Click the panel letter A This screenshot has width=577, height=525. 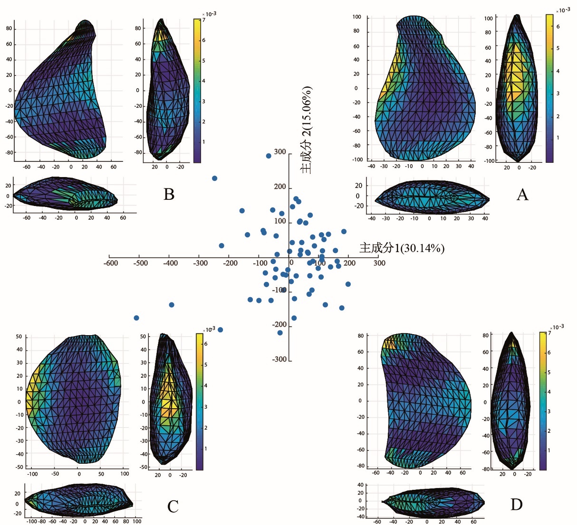tap(522, 194)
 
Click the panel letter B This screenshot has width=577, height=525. tap(169, 194)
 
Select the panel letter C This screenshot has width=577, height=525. tap(173, 506)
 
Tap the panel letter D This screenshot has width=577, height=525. tap(516, 505)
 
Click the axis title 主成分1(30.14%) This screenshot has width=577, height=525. tap(402, 248)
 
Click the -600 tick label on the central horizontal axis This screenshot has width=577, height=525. tap(111, 263)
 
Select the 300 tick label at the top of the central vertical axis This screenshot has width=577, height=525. tap(280, 152)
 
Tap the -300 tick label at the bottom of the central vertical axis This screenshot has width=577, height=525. tap(279, 359)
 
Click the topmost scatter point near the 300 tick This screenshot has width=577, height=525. tap(269, 156)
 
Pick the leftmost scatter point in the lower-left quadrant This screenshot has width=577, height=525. tap(136, 318)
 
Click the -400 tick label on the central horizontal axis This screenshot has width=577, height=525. tap(170, 263)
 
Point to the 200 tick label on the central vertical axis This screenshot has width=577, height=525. tap(280, 187)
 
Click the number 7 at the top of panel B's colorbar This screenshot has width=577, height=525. tap(203, 20)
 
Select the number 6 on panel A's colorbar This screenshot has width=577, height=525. tap(558, 27)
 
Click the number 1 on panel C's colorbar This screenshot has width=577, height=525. tap(206, 449)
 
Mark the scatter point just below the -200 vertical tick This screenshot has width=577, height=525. tap(280, 333)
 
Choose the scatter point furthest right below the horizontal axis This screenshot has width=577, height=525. tap(348, 284)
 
